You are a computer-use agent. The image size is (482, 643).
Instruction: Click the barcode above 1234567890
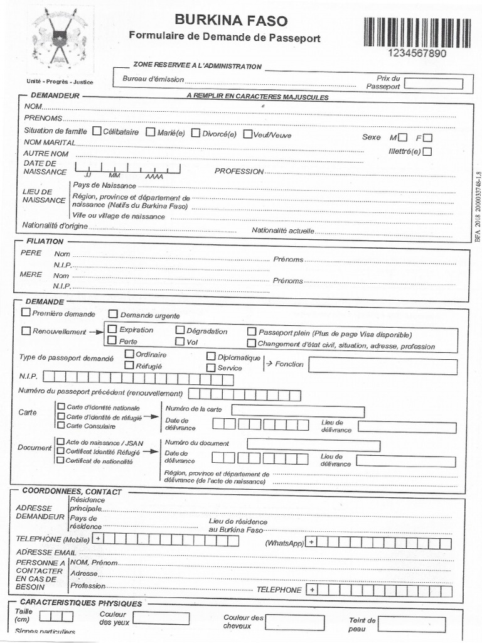coord(417,33)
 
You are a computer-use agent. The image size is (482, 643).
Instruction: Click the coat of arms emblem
coord(60,38)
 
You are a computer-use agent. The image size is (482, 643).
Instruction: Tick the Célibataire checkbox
coord(97,132)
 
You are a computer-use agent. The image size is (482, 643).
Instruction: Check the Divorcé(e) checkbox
coord(196,132)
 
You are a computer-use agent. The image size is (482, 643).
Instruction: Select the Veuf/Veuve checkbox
coord(248,133)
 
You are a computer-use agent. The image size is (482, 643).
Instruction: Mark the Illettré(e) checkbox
coord(427,151)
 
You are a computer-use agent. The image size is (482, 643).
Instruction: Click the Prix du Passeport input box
coord(434,84)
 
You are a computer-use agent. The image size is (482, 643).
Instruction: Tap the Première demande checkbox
coord(26,312)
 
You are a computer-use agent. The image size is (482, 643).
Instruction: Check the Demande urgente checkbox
coord(113,314)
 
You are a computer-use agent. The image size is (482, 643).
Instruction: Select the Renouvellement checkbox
coord(26,330)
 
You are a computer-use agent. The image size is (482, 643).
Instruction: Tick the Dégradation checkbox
coord(180,330)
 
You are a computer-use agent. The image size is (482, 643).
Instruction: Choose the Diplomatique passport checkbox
coord(212,357)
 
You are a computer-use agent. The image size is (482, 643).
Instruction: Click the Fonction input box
coord(382,366)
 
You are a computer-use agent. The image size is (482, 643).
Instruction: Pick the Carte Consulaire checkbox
coord(62,425)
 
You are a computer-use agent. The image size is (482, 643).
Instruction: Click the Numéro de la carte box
coord(297,411)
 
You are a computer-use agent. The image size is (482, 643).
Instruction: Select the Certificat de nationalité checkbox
coord(61,460)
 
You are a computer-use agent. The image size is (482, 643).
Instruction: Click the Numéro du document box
coord(313,445)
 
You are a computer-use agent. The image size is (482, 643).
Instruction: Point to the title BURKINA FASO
coord(231,20)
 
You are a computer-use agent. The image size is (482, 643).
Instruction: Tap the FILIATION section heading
coord(45,241)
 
